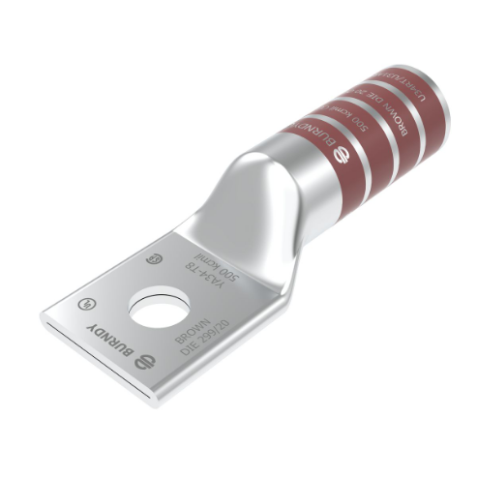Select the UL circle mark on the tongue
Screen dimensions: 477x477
(81, 302)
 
